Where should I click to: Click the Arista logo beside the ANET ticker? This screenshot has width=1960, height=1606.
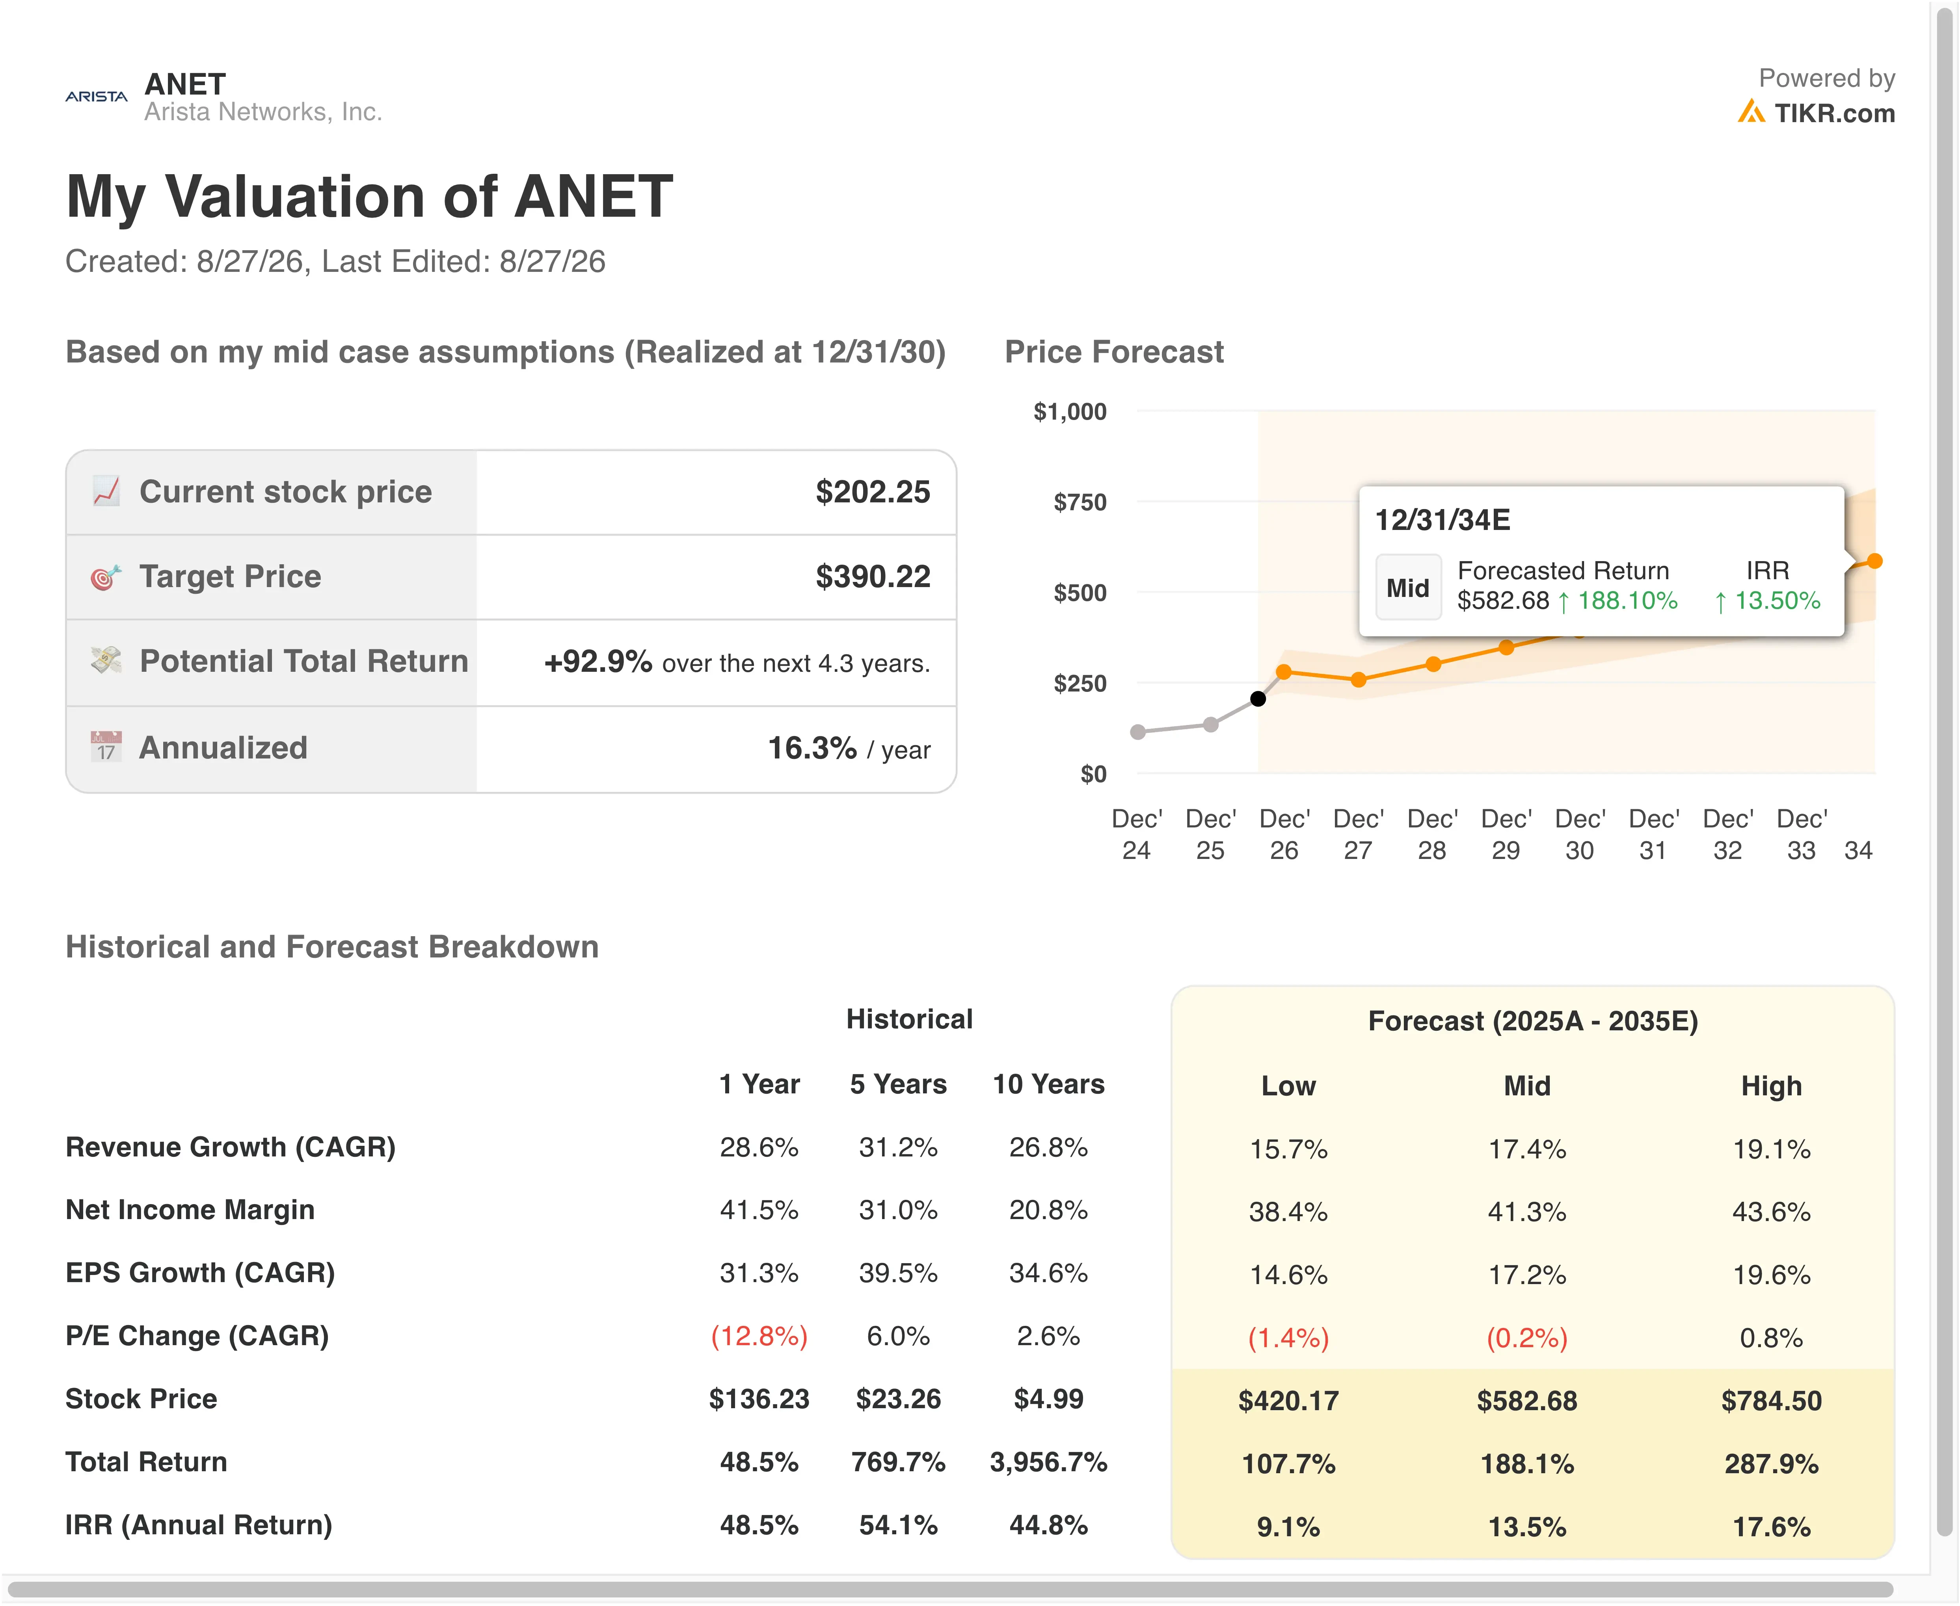pyautogui.click(x=96, y=96)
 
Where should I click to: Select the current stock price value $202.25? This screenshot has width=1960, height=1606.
pyautogui.click(x=873, y=492)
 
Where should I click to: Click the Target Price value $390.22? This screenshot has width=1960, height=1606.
pyautogui.click(x=873, y=576)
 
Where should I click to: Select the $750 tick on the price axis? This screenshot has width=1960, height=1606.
pyautogui.click(x=1080, y=502)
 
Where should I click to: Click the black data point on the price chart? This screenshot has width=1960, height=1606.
pyautogui.click(x=1258, y=699)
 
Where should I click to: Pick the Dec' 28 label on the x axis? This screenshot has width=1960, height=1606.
pyautogui.click(x=1431, y=835)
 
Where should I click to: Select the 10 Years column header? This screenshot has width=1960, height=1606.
pyautogui.click(x=1048, y=1084)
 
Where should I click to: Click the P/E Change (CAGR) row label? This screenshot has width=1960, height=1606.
pyautogui.click(x=197, y=1336)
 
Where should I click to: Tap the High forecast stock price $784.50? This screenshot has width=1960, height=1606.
pyautogui.click(x=1771, y=1401)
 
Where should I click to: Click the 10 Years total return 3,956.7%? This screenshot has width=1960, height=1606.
pyautogui.click(x=1048, y=1463)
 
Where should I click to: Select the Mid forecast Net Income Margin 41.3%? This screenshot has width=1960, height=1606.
pyautogui.click(x=1527, y=1212)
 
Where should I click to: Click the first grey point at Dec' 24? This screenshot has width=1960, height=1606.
pyautogui.click(x=1138, y=732)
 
